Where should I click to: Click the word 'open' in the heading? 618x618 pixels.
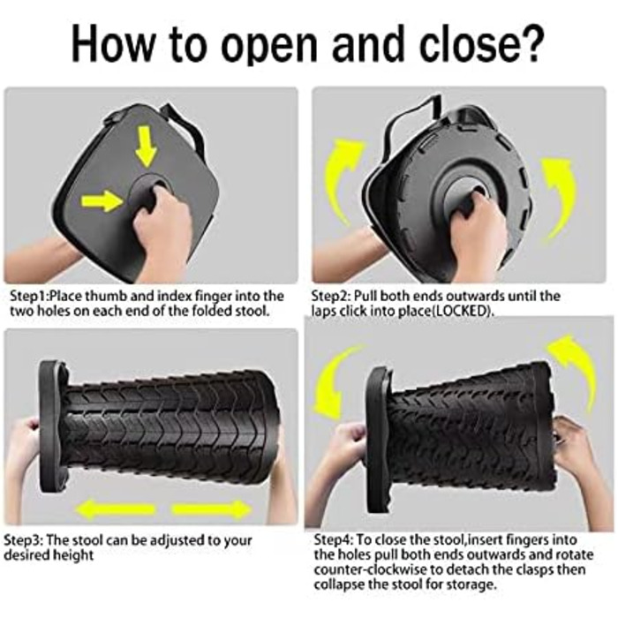[x=268, y=48]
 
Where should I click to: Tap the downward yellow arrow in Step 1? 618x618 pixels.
[x=147, y=147]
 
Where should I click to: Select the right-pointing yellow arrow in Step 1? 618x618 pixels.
[x=102, y=201]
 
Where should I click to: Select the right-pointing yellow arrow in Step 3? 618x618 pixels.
[x=211, y=509]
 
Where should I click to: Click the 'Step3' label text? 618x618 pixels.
[x=23, y=540]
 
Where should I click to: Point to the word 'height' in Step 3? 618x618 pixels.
[x=73, y=555]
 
